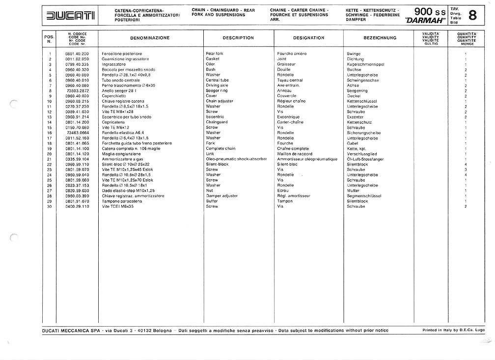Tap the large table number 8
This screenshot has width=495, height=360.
point(472,16)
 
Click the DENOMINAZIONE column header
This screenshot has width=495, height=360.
point(150,38)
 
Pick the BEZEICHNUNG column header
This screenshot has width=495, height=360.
point(380,38)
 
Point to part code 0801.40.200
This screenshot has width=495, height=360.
point(77,54)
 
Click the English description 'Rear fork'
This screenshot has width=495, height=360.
point(215,54)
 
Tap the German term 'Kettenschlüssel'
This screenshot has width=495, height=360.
point(365,101)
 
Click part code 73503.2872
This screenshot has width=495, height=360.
point(77,91)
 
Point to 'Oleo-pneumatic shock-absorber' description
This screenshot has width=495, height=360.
point(236,159)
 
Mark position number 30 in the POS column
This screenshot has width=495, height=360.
point(50,207)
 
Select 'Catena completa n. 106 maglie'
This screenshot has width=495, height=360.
point(127,149)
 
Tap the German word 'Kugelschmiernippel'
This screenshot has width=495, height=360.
point(369,64)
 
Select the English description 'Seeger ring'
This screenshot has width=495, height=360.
point(217,91)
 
